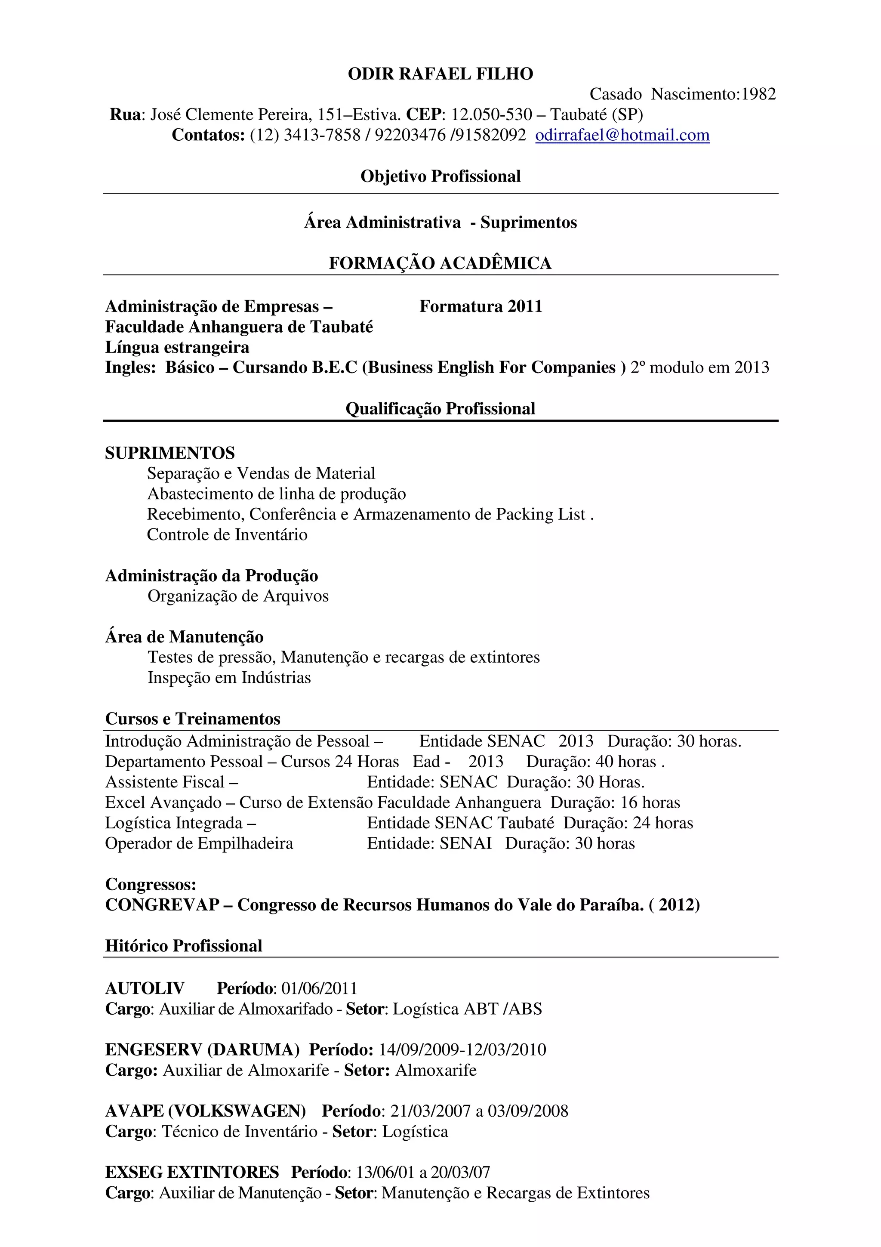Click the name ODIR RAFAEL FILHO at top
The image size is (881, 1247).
[x=440, y=74]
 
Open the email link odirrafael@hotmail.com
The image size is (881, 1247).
[x=622, y=135]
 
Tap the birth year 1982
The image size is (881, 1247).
[x=758, y=95]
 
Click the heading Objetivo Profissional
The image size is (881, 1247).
[x=440, y=176]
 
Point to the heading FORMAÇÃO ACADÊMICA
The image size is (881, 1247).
[x=440, y=263]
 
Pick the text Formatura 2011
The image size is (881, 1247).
[x=481, y=307]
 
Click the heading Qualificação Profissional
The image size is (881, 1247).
[x=440, y=409]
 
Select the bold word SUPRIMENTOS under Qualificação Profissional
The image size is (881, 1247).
[x=170, y=454]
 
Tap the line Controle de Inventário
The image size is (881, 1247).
[x=227, y=535]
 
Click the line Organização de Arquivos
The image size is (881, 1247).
[x=238, y=596]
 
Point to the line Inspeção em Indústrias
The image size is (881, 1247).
[x=229, y=678]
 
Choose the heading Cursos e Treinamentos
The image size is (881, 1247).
[x=193, y=719]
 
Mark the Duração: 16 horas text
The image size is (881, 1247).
[x=615, y=803]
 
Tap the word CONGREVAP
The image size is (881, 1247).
[x=162, y=905]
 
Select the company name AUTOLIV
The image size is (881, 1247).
[x=145, y=988]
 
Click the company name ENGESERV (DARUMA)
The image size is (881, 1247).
[x=202, y=1049]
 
